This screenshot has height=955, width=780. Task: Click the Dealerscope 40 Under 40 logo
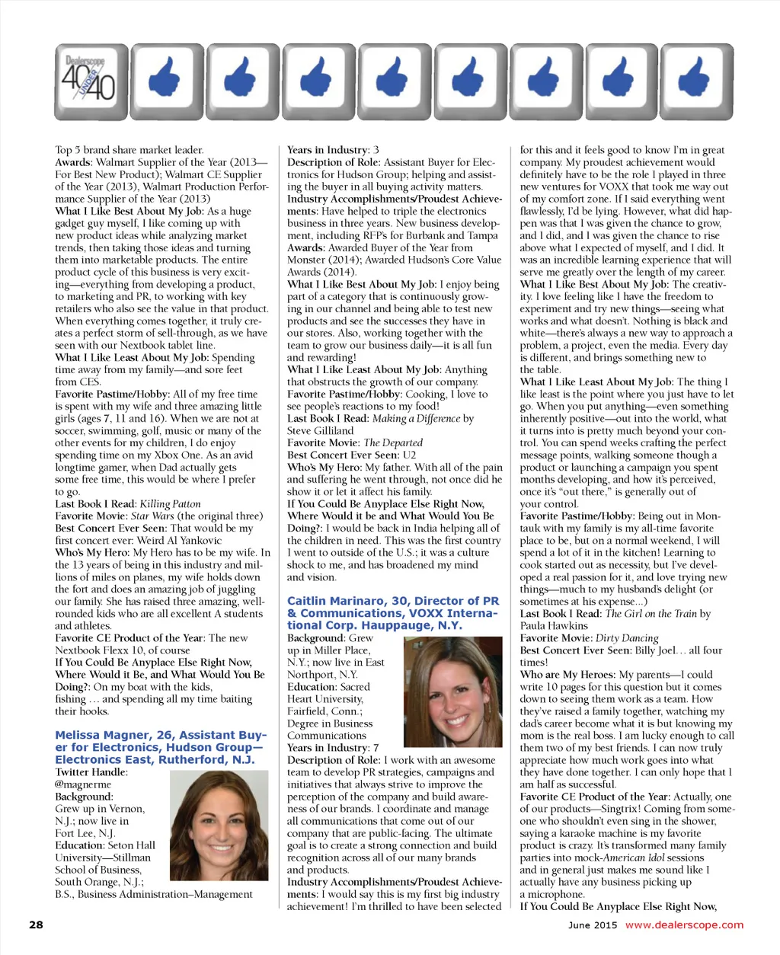click(91, 81)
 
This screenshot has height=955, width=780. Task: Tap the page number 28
click(36, 925)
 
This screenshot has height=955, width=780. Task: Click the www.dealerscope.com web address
click(684, 925)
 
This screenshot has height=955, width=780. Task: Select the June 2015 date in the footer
click(593, 925)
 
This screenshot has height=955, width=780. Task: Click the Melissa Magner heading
click(161, 747)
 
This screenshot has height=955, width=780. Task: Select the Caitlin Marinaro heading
click(392, 613)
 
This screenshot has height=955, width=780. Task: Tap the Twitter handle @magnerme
click(83, 784)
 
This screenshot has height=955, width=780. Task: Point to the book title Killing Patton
click(171, 503)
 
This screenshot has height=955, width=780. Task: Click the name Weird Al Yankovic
click(180, 540)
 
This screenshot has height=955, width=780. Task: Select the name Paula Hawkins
click(554, 626)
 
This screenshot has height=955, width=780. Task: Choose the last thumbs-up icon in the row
click(695, 81)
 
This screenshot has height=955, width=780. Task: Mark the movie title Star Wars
click(152, 516)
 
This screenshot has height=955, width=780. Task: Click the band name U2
click(410, 455)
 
